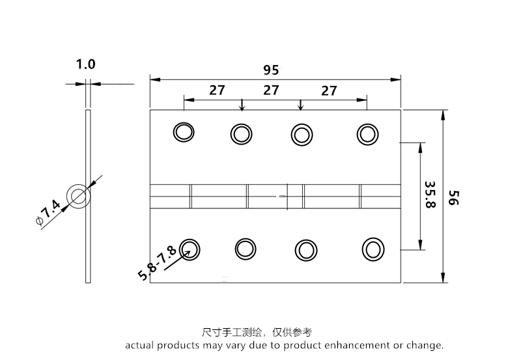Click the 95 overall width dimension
pos(272,70)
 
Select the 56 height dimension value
pos(454,197)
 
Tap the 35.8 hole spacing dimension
pos(429,194)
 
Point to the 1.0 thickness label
pos(85,64)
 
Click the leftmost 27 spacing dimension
pos(217,90)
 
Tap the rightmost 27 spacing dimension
pos(330,91)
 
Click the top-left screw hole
pos(184,132)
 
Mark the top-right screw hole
pos(367,133)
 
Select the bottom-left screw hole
pos(190,247)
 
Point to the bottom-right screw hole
pos(373,249)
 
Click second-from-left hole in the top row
pos(242,134)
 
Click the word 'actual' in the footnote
pos(139,345)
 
